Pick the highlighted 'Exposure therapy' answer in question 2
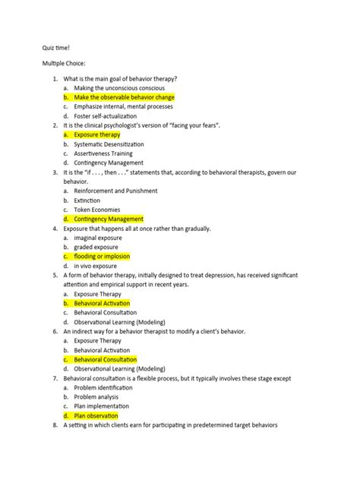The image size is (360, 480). [x=97, y=134]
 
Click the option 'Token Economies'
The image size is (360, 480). [x=99, y=209]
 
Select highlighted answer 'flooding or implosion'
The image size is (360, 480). [x=106, y=256]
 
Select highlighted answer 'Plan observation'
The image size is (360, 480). [x=96, y=415]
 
